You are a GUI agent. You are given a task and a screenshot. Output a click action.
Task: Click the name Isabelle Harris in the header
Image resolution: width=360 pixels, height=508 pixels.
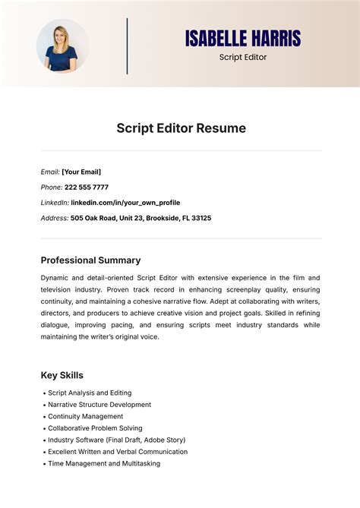[243, 38]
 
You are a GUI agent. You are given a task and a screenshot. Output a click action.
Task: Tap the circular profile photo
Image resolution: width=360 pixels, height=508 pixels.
[62, 46]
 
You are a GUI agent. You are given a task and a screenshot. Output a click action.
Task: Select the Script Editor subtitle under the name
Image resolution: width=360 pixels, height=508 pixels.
[243, 57]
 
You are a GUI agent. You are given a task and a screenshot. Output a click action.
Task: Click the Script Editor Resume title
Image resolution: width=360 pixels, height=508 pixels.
[181, 128]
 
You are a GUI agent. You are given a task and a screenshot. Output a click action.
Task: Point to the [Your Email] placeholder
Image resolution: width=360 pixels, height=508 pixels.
[81, 172]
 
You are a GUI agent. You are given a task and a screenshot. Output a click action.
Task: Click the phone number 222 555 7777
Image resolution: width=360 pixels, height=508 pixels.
[86, 187]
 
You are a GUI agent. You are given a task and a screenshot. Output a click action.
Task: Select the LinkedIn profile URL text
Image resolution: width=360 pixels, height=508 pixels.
[125, 203]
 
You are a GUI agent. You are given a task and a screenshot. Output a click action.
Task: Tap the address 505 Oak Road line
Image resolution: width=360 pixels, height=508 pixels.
[141, 218]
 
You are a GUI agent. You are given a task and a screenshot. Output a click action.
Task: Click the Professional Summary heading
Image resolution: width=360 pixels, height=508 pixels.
[90, 260]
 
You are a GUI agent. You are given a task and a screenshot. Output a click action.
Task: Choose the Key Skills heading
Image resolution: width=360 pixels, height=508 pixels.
[62, 375]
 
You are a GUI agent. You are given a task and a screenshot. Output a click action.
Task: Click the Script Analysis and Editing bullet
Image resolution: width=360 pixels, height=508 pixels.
[90, 393]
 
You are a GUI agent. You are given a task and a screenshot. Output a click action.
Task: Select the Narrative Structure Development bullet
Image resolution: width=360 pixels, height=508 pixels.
[99, 405]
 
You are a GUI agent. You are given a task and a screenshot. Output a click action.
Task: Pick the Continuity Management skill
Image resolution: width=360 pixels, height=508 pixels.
[85, 416]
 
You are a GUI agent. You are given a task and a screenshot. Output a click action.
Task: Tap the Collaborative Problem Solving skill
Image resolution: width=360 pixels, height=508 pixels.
[95, 428]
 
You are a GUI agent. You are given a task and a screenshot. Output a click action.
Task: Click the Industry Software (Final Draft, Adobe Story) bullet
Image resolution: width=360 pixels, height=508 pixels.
[116, 440]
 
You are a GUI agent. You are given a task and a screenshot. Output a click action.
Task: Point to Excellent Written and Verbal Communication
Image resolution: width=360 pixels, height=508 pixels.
[118, 452]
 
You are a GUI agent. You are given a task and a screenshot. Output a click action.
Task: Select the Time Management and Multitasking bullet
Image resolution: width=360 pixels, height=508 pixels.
[104, 463]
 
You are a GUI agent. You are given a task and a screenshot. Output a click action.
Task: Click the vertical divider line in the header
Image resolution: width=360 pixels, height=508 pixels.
[128, 46]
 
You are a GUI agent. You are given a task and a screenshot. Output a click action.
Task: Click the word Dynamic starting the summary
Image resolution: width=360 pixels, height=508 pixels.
[56, 278]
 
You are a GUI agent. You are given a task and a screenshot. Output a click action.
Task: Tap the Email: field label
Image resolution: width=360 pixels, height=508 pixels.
[50, 172]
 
